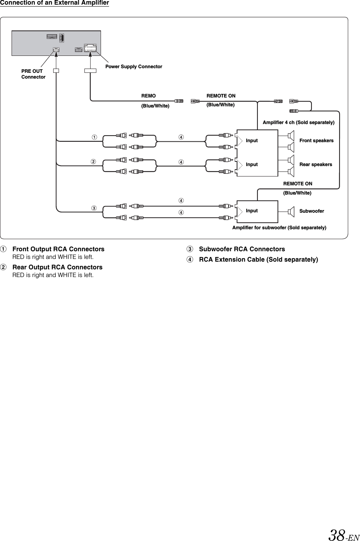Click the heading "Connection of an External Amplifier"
coord(54,3)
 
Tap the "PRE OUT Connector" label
coord(33,74)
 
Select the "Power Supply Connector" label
coord(134,67)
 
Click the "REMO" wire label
coord(149,96)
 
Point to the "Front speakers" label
coord(316,141)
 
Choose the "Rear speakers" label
coord(315,165)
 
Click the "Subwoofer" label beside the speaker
coord(311,211)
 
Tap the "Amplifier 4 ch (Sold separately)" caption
coord(298,123)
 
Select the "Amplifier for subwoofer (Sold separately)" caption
coord(279,228)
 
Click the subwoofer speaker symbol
coord(291,211)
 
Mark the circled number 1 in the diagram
coord(94,138)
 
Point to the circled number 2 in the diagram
coord(94,161)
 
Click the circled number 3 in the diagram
coord(94,208)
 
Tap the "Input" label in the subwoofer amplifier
coord(252,211)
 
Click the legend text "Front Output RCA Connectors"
coord(58,249)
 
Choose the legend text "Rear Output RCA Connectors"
coord(57,267)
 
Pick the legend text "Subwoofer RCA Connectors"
coord(242,249)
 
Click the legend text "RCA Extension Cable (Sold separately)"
coord(258,259)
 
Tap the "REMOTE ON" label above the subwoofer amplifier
coord(298,184)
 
